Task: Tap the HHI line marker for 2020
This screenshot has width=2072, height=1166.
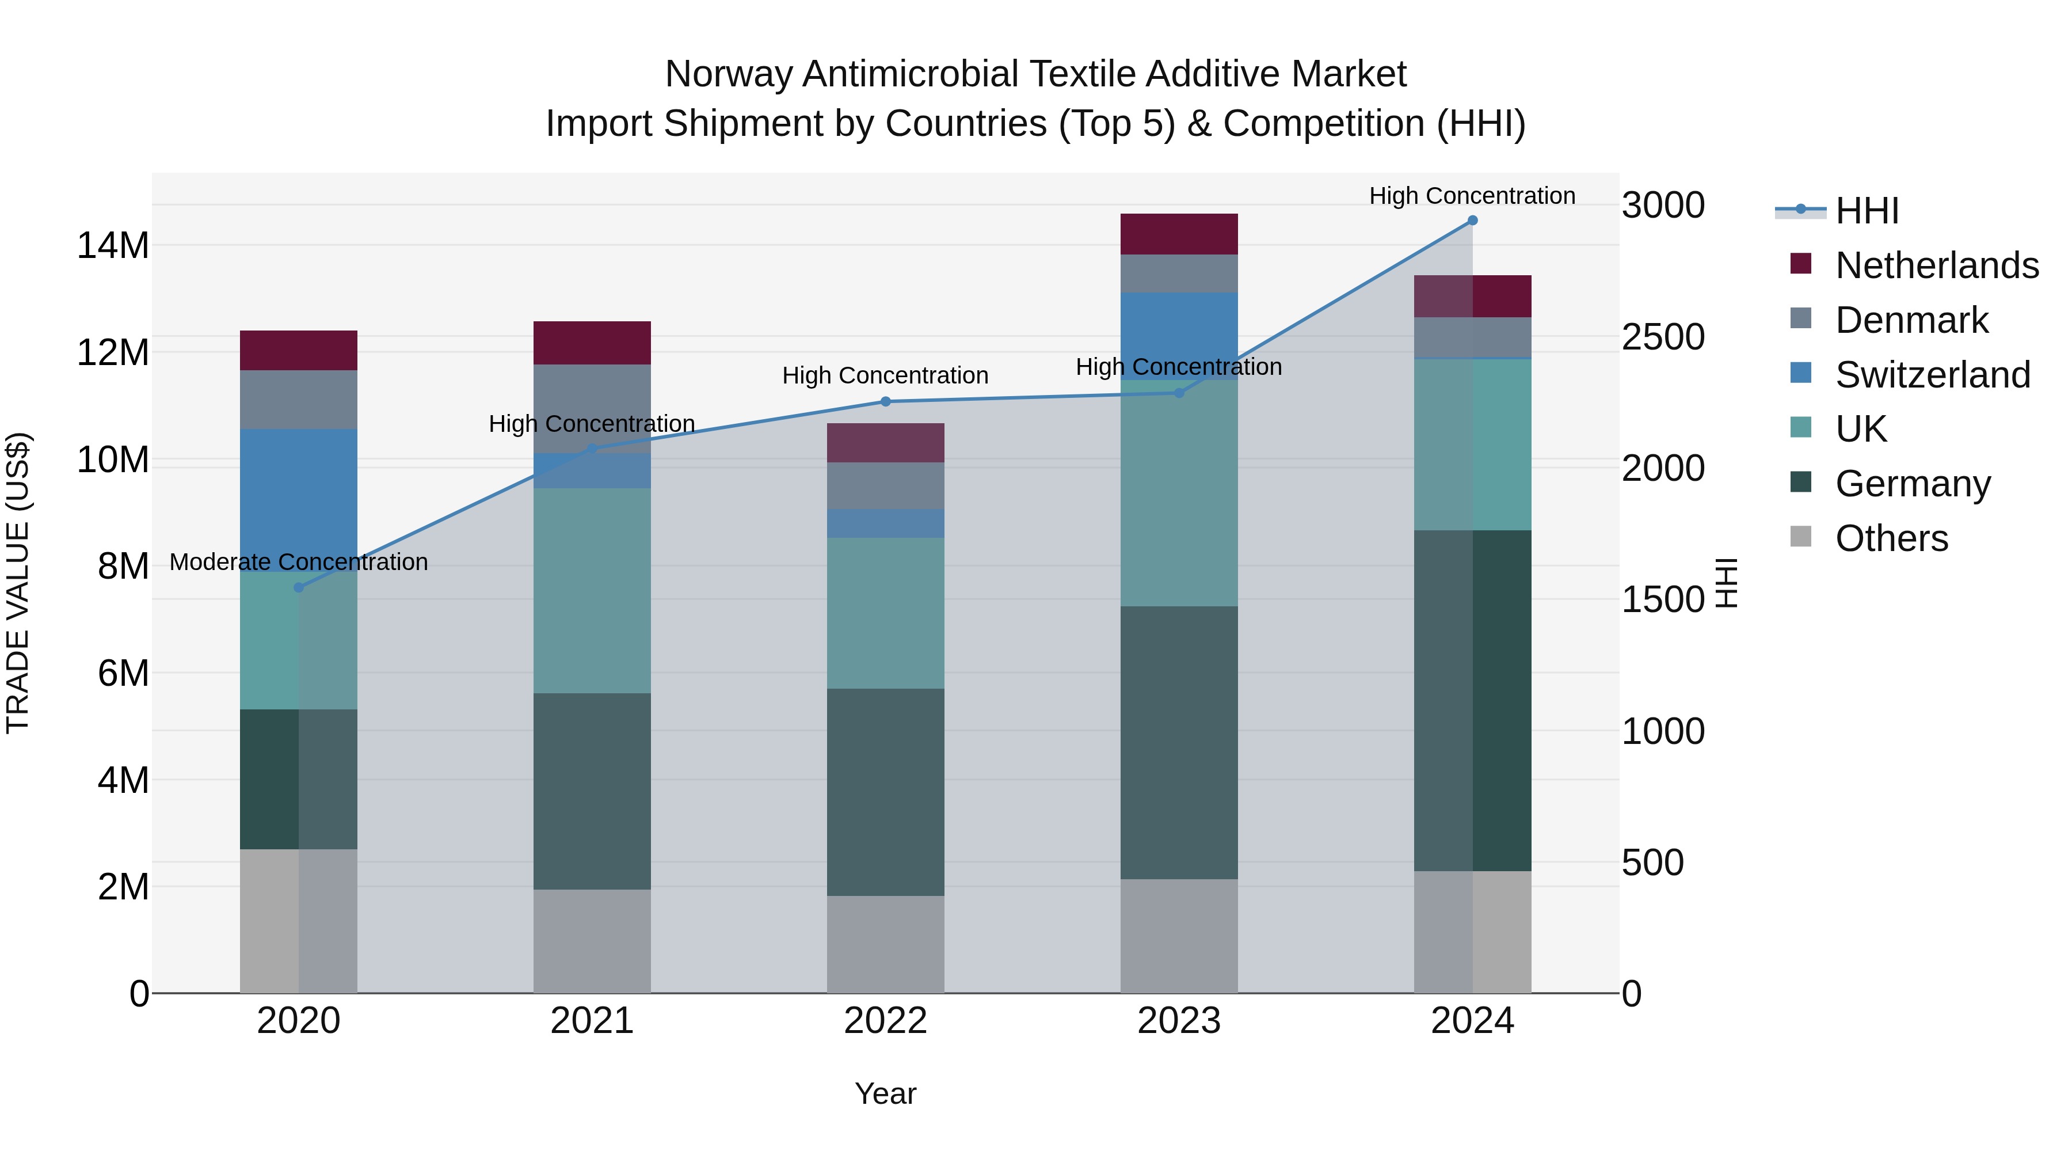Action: [x=298, y=587]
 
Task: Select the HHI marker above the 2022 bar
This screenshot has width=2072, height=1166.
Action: [x=886, y=401]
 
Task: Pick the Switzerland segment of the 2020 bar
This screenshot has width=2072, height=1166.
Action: [x=298, y=499]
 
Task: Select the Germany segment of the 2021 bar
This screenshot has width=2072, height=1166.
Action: [x=592, y=791]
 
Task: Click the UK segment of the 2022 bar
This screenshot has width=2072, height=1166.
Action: [x=886, y=613]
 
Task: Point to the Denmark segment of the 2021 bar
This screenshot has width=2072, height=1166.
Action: [x=592, y=408]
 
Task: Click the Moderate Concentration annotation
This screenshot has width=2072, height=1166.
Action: [x=298, y=561]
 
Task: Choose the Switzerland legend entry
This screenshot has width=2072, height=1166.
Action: [x=1932, y=375]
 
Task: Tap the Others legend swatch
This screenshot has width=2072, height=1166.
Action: [x=1801, y=537]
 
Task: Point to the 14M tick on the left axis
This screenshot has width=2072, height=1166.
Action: [x=113, y=245]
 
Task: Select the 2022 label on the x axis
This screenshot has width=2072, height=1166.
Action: [x=886, y=1021]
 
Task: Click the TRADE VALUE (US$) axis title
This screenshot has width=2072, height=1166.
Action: [x=18, y=583]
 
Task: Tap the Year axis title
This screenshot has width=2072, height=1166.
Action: [x=886, y=1093]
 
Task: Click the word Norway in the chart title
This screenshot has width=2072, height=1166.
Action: [x=729, y=74]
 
